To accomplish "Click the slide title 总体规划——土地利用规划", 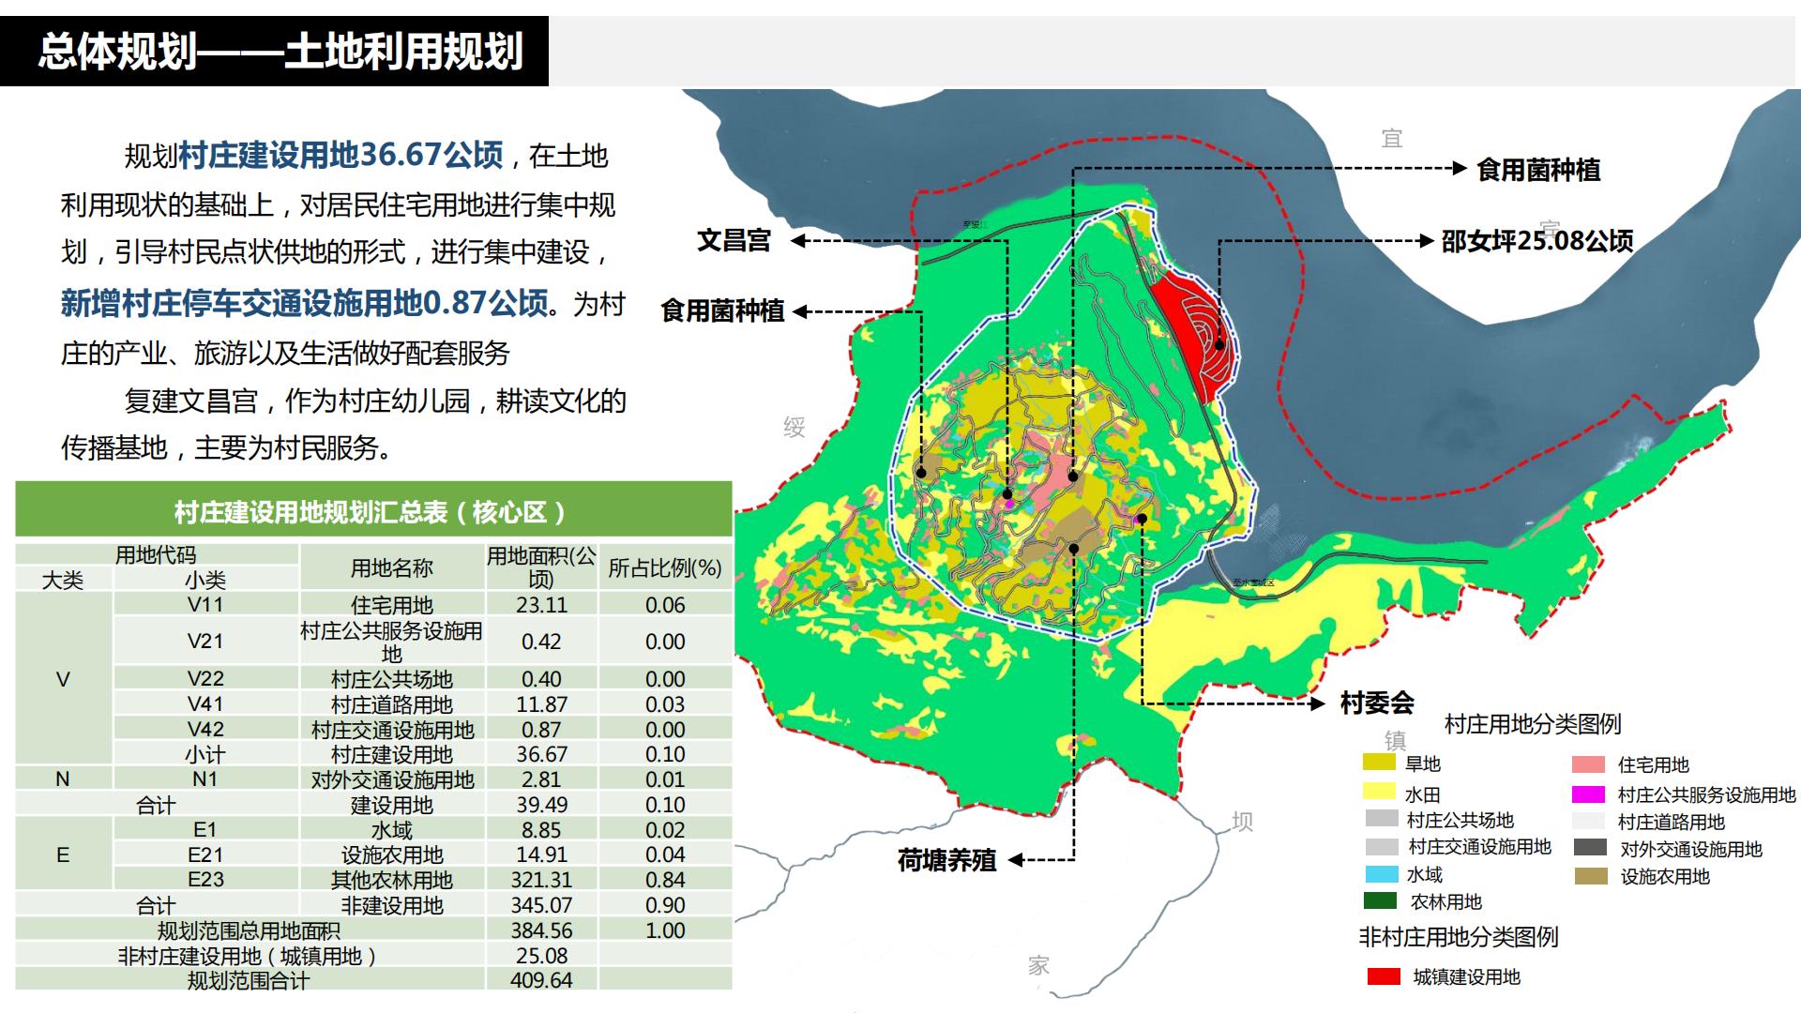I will [279, 52].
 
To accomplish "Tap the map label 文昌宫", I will [734, 240].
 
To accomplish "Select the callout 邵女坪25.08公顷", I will [1536, 241].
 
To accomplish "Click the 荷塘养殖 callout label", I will [946, 860].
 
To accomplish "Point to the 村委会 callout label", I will [1376, 703].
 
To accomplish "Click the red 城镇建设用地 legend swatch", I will [1384, 976].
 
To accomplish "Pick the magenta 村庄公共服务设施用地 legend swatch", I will [1588, 794].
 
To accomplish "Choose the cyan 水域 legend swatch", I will [1382, 874].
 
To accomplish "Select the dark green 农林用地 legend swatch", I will [1380, 901].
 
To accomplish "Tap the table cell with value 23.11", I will [541, 605].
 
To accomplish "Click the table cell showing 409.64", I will [541, 980].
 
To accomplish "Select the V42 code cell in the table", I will [205, 730].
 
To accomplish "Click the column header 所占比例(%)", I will [664, 567].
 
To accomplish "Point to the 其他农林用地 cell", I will [391, 880].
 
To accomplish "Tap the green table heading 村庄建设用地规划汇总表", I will [371, 512].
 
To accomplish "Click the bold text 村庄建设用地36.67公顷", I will [341, 155].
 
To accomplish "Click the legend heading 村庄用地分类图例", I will [1532, 724].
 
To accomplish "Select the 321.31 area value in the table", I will [541, 880].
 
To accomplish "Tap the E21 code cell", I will [205, 854].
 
